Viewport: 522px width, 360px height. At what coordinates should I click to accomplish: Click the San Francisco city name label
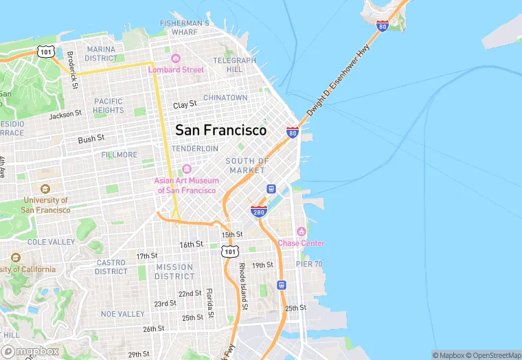pos(220,130)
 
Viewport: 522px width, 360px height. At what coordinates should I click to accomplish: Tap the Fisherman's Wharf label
pos(184,27)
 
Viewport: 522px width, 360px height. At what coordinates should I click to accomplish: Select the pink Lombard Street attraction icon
pos(176,59)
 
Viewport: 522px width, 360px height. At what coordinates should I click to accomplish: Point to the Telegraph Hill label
pos(234,65)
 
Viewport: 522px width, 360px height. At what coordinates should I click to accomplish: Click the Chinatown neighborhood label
pos(225,98)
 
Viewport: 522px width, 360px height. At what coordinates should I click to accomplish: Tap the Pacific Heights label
pos(109,105)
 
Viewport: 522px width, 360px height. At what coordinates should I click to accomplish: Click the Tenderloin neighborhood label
pos(194,148)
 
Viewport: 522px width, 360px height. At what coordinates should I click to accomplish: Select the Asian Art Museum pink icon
pos(187,170)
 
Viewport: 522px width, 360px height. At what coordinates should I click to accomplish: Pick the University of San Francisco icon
pos(45,189)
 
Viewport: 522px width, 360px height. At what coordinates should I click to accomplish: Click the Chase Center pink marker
pos(300,232)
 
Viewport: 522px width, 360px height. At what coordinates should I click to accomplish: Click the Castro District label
pos(111,267)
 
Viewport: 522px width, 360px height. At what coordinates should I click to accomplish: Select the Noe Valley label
pos(122,313)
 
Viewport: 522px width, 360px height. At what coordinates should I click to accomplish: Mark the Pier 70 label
pos(309,264)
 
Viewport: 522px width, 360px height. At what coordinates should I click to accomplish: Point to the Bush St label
pos(91,139)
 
